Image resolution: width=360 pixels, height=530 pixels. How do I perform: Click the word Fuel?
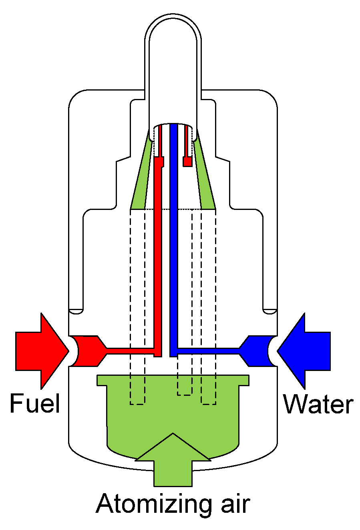[35, 403]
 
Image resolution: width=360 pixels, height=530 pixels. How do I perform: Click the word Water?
[318, 404]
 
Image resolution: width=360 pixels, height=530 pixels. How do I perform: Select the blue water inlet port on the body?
[258, 351]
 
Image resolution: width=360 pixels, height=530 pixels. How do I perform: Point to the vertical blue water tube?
[173, 240]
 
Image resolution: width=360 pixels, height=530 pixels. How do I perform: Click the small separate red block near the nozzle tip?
[187, 161]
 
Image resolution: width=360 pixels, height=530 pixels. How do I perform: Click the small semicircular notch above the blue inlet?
[269, 311]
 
